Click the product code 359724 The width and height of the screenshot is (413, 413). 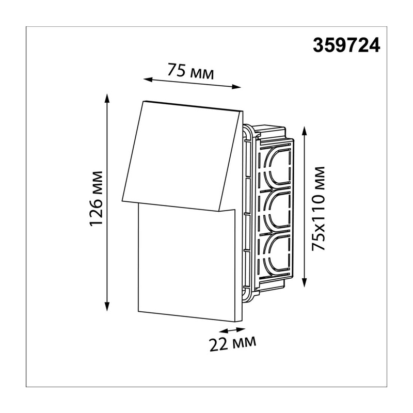pyautogui.click(x=346, y=45)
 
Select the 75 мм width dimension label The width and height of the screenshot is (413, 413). pyautogui.click(x=190, y=71)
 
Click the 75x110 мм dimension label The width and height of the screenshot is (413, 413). pyautogui.click(x=318, y=208)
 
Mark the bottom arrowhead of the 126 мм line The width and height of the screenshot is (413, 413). pyautogui.click(x=107, y=306)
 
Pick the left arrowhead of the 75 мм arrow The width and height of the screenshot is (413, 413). pyautogui.click(x=148, y=80)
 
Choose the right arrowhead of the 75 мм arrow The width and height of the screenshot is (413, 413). pyautogui.click(x=236, y=87)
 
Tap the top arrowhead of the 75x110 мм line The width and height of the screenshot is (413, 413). pyautogui.click(x=305, y=132)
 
